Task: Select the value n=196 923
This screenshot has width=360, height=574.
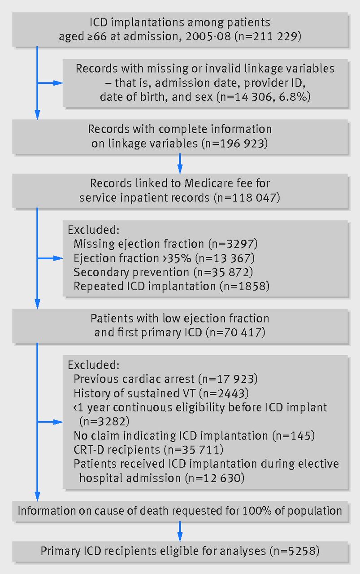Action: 235,143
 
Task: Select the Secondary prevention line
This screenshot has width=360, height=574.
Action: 163,272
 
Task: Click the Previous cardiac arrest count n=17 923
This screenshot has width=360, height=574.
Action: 228,379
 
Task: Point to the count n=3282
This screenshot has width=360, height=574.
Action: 104,422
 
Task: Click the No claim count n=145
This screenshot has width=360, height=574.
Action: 293,435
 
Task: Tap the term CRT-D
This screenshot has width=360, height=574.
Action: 89,450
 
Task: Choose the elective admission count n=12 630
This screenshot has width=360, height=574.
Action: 215,478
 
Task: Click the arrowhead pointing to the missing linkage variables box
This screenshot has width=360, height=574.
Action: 58,83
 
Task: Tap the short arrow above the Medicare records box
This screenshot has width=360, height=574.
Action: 180,164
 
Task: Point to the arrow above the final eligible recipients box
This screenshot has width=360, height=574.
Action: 180,532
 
